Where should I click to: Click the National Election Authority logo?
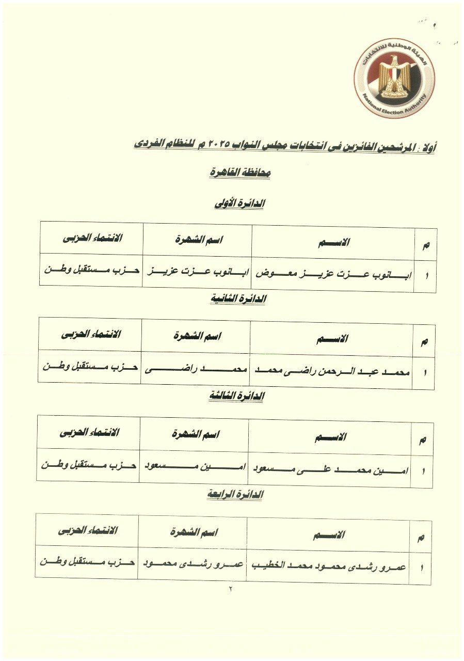point(394,77)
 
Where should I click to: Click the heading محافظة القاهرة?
point(240,174)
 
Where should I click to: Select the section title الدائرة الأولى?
point(239,203)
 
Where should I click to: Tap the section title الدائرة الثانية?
point(238,299)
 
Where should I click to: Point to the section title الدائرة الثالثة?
point(236,396)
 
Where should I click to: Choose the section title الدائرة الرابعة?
point(235,494)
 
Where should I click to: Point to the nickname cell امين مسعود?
point(194,467)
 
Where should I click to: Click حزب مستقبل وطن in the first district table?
point(92,270)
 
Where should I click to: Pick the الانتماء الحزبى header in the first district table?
point(93,238)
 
